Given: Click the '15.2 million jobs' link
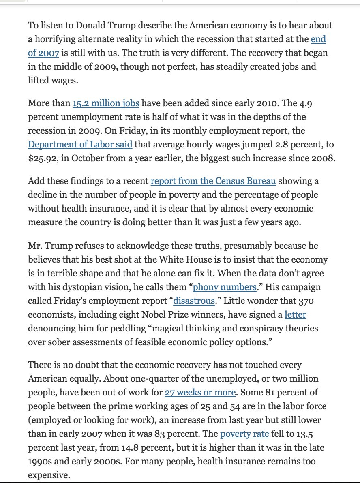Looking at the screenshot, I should point(106,103).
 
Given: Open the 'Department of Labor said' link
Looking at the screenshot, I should point(80,144).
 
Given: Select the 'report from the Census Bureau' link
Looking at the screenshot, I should point(213,181).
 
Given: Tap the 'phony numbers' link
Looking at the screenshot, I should point(225,287).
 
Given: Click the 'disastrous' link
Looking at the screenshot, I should point(195,301).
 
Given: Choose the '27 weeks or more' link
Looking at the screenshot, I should point(200,392).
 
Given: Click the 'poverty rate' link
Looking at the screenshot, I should point(244,434).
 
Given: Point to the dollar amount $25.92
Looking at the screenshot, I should point(43,158).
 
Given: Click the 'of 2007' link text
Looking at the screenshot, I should point(43,53).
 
